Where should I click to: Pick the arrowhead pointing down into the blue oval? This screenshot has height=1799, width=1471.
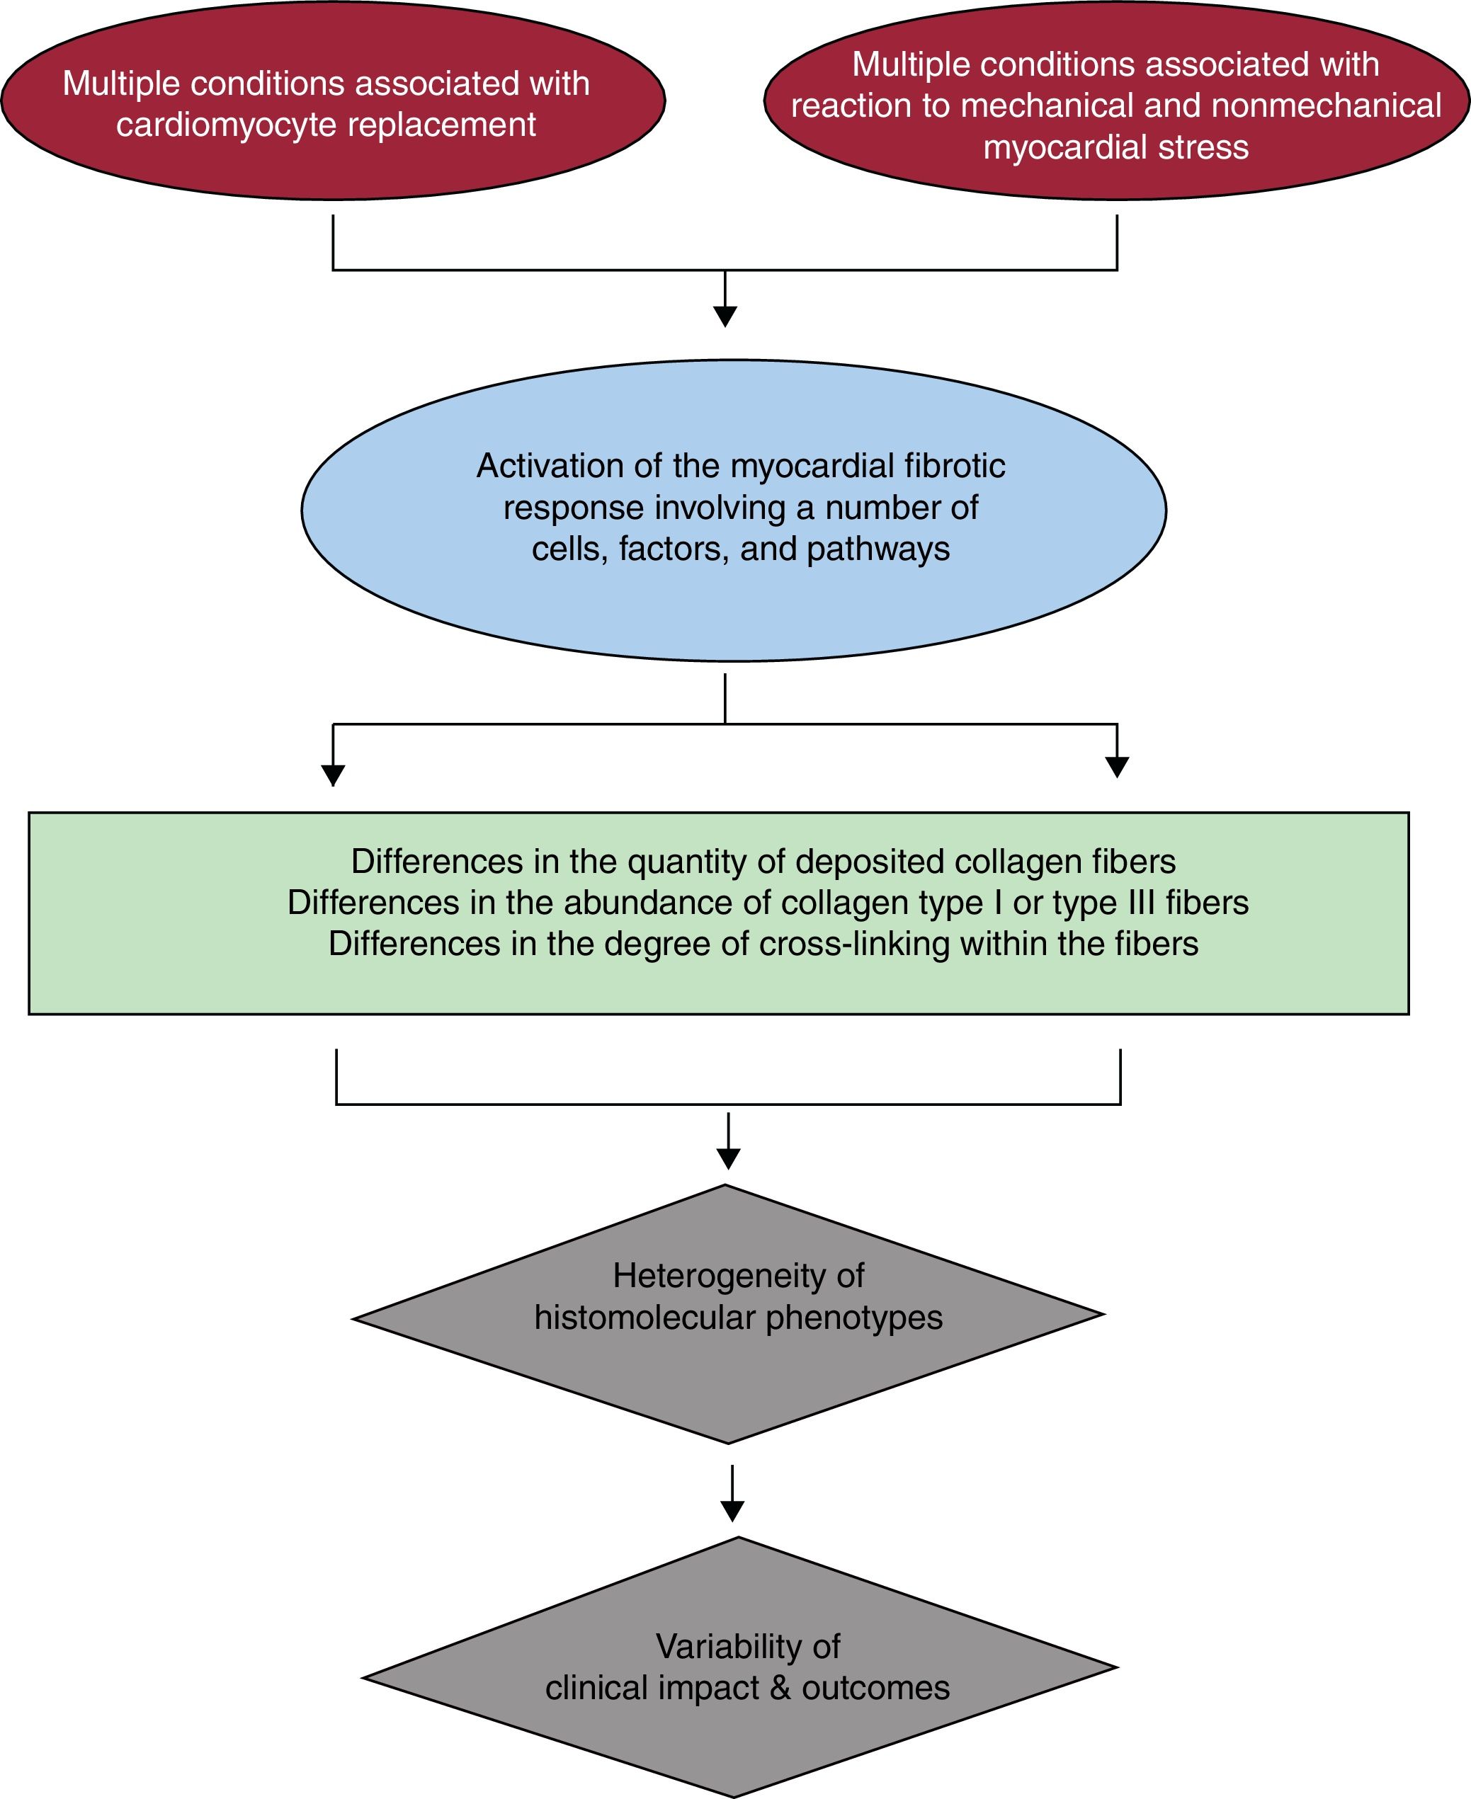(725, 316)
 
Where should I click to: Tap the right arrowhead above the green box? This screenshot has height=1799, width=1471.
(1118, 767)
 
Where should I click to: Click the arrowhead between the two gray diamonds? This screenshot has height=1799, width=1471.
(732, 1511)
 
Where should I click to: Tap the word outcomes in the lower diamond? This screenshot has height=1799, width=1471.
(875, 1688)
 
